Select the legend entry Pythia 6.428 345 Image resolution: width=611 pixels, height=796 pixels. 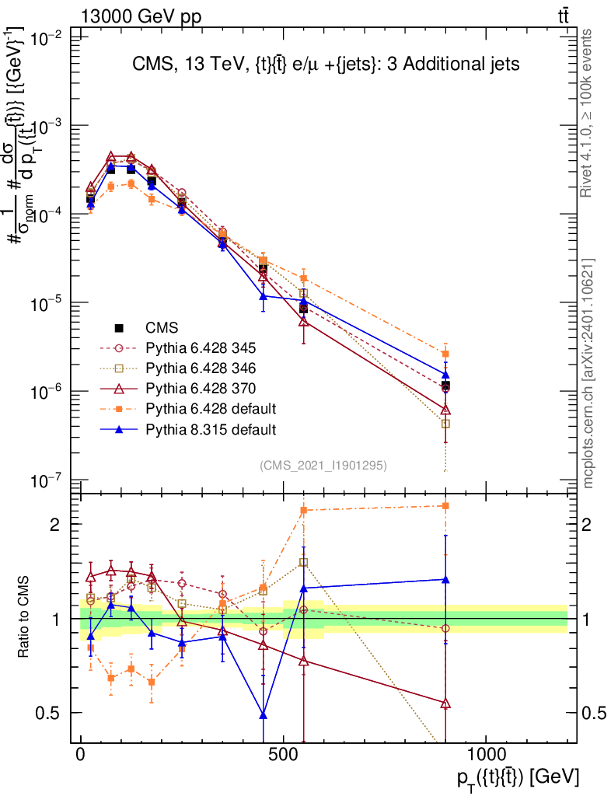click(x=190, y=348)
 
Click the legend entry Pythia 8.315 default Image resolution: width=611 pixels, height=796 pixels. click(x=197, y=429)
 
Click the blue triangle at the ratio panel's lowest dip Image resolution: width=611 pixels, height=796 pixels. click(x=264, y=714)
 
